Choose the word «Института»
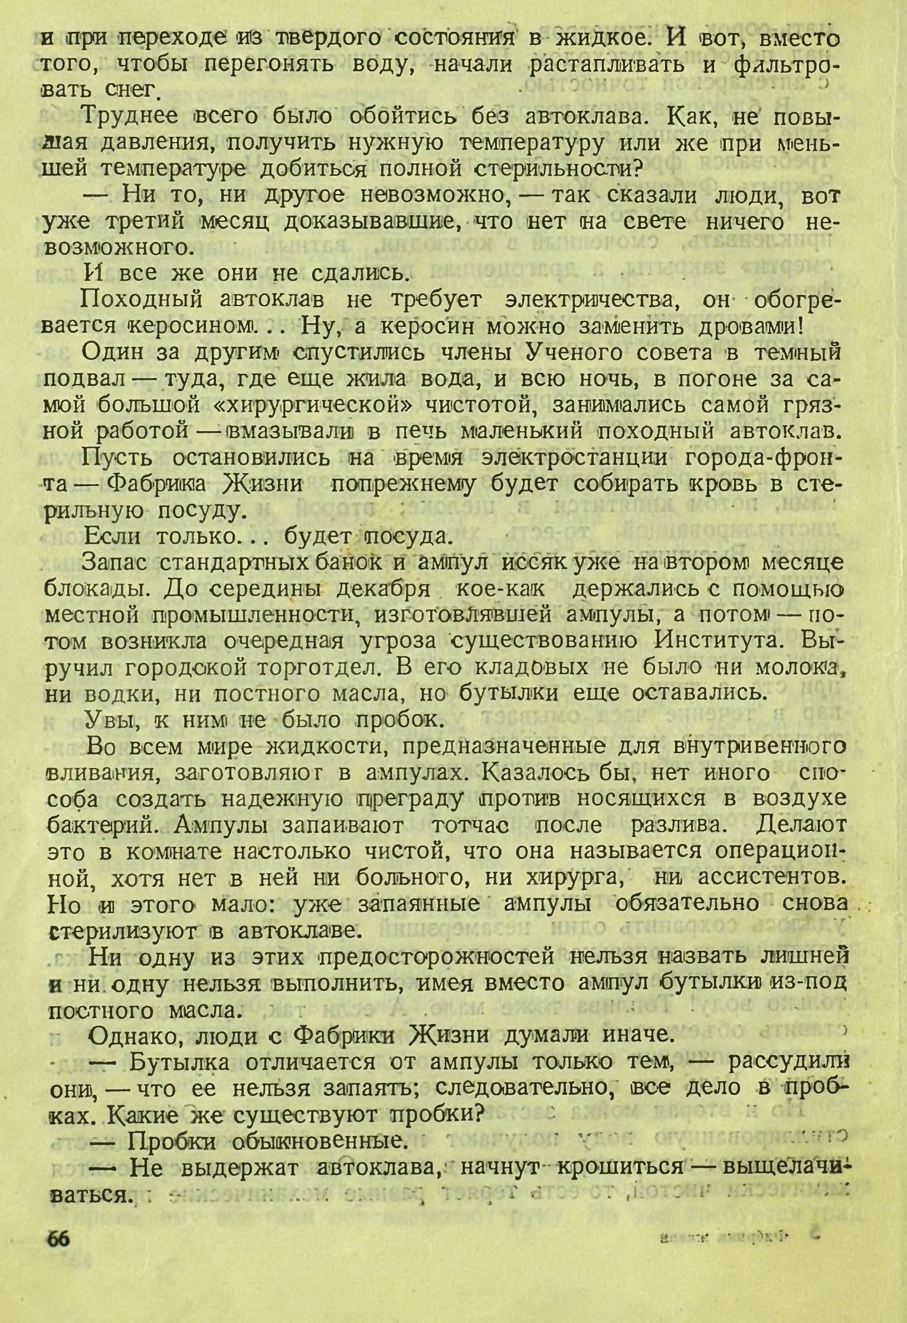click(718, 642)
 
